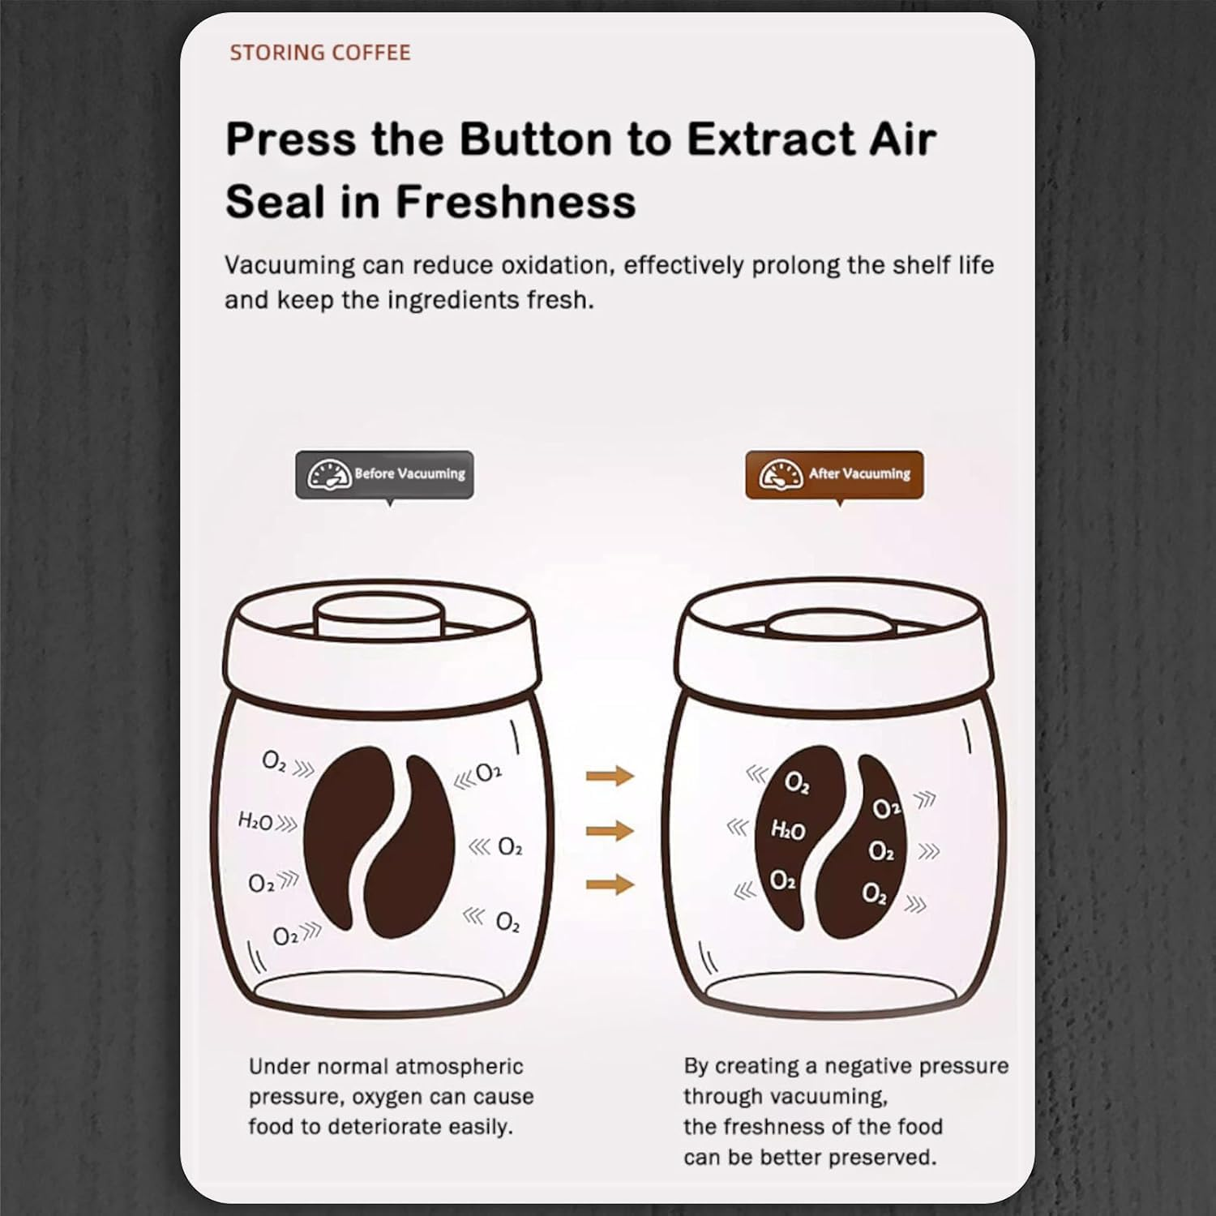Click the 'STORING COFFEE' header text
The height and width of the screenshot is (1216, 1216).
(319, 53)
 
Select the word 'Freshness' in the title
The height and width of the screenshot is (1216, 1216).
(516, 201)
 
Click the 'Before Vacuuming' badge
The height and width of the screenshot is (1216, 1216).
(384, 474)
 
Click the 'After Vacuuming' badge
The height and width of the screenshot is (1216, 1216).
(834, 474)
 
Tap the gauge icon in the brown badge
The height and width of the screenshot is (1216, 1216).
(781, 474)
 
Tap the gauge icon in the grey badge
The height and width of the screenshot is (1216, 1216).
(329, 474)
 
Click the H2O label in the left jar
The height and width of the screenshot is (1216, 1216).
(255, 821)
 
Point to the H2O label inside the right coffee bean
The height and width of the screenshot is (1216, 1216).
(787, 829)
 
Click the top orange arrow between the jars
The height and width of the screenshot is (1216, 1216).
(610, 776)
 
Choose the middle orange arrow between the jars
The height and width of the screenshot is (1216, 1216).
(610, 830)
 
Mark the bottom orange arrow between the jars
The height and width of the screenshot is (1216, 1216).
(610, 884)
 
